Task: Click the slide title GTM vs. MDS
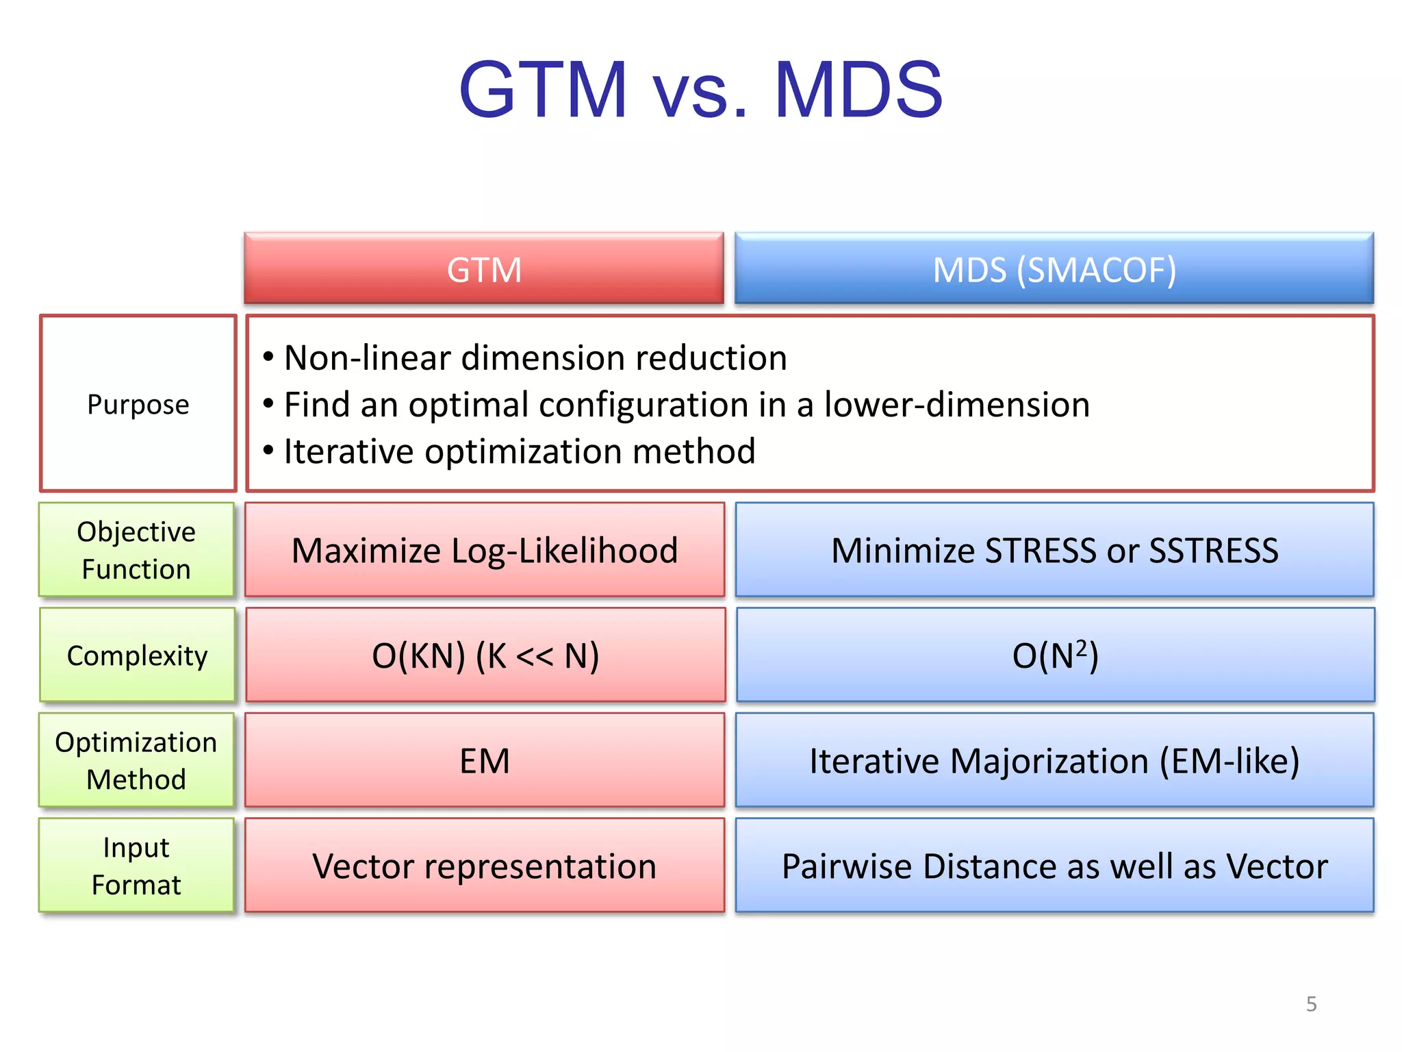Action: tap(700, 89)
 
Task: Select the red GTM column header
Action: tap(484, 269)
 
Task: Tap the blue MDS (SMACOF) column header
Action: tap(1054, 269)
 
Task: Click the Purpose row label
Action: tap(138, 404)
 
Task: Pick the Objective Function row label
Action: tap(136, 550)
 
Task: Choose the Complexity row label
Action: tap(137, 655)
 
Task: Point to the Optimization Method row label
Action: tap(136, 760)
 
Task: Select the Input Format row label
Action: tap(136, 866)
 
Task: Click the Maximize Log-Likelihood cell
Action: tap(485, 550)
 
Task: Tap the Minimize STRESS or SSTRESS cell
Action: tap(1054, 550)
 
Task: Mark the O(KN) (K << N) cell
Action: tap(485, 655)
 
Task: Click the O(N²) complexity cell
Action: tap(1055, 655)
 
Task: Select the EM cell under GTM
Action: tap(485, 760)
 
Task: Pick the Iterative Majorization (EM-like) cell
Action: tap(1054, 760)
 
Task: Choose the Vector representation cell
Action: tap(485, 866)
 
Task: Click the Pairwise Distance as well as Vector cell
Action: tap(1054, 866)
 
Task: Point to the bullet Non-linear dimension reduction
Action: tap(535, 358)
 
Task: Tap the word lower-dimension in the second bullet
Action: tap(956, 404)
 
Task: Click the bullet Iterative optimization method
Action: tap(519, 451)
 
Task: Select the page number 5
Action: tap(1311, 1004)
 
